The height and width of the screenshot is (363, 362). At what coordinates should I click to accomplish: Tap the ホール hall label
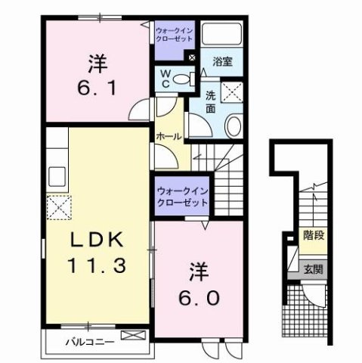click(168, 137)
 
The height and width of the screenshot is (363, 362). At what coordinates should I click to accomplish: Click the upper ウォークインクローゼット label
click(175, 33)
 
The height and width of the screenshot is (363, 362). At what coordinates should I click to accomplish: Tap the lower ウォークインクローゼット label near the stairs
click(181, 198)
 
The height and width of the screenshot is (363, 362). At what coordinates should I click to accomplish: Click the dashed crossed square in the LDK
click(58, 206)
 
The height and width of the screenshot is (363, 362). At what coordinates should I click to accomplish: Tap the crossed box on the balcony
click(131, 335)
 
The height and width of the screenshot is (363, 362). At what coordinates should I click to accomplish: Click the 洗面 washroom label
click(211, 102)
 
